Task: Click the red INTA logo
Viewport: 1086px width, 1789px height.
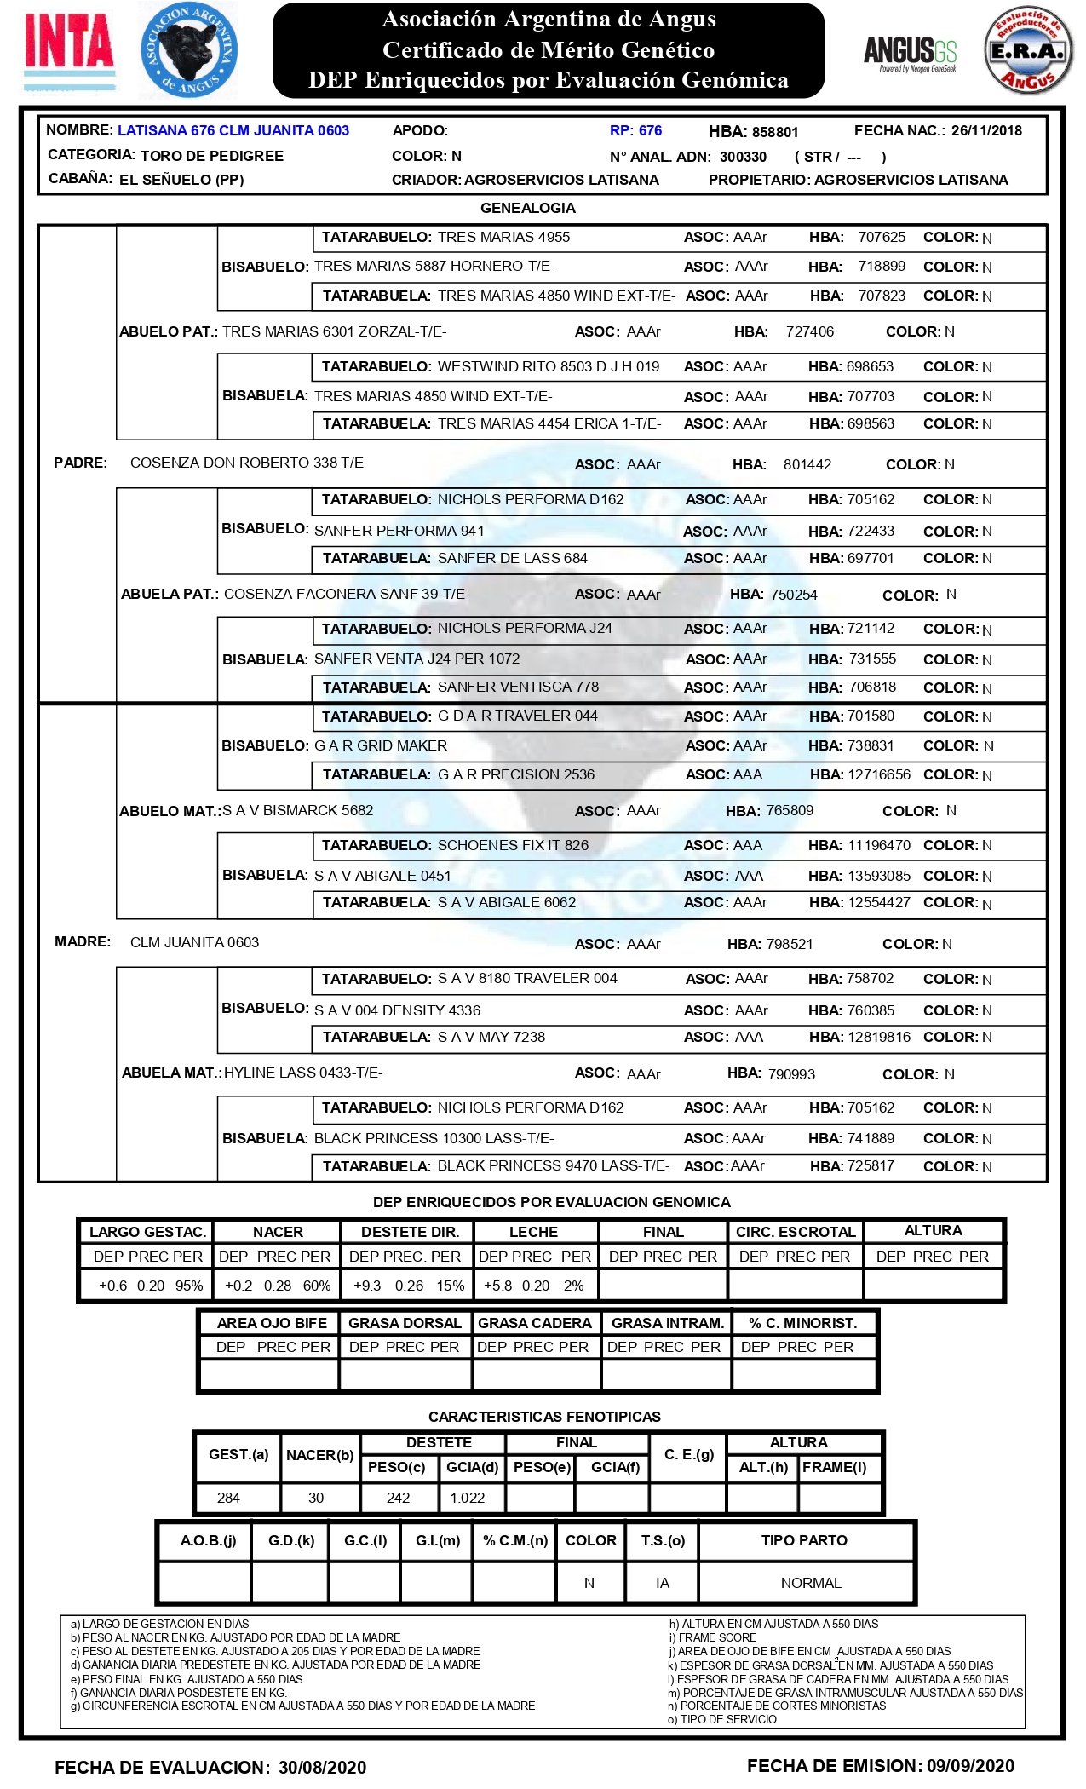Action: [x=69, y=42]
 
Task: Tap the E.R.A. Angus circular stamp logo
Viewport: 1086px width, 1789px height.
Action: [x=1028, y=51]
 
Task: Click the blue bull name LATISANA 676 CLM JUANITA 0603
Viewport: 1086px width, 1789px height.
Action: [x=233, y=130]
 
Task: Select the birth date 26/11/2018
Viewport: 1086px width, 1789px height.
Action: [x=986, y=130]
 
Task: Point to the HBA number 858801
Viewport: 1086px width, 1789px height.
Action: [x=775, y=132]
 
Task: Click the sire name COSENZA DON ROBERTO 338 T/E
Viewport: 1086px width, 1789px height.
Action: [x=246, y=463]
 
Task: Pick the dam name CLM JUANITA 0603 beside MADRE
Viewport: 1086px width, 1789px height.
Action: [x=194, y=942]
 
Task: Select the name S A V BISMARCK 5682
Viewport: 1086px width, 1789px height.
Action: [x=297, y=810]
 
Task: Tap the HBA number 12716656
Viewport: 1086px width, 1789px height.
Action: [x=879, y=774]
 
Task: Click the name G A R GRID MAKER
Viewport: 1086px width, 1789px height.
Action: [x=381, y=745]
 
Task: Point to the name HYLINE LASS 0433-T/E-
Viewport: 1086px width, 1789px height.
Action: [x=303, y=1073]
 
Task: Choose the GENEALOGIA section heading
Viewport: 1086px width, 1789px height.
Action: [x=528, y=208]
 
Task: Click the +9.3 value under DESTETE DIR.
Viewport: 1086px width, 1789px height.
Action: [x=367, y=1286]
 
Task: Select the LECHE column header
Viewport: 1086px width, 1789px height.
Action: [x=533, y=1232]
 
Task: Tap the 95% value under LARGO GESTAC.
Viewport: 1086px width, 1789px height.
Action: [x=189, y=1286]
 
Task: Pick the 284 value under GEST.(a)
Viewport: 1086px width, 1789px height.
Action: [x=228, y=1498]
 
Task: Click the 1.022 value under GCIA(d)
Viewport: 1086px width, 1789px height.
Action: [x=468, y=1498]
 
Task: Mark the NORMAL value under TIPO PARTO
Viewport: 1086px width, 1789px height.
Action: [x=811, y=1583]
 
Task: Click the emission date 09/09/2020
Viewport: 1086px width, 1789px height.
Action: [x=971, y=1766]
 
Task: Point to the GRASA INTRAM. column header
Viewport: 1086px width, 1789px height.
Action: [x=668, y=1323]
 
